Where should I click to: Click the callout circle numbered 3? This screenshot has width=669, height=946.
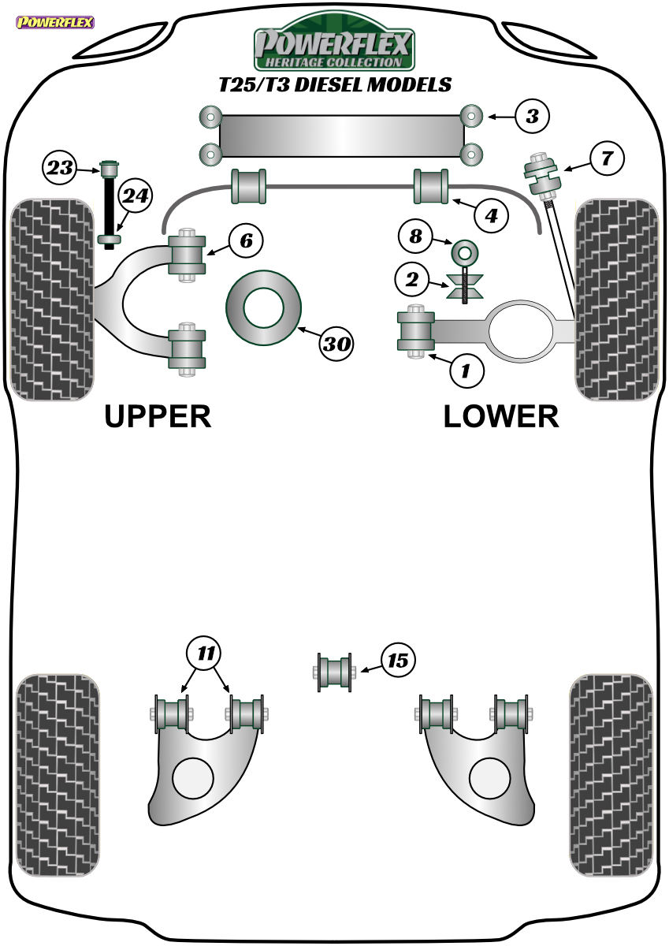tap(532, 116)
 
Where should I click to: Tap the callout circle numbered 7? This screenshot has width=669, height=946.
tap(607, 158)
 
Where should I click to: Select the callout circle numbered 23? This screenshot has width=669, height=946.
tap(60, 168)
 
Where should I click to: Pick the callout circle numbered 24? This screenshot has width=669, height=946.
tap(135, 196)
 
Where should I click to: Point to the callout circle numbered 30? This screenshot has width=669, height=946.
tap(336, 344)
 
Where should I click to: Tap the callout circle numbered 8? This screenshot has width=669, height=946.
tap(416, 236)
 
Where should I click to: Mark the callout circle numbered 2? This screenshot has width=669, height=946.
tap(412, 279)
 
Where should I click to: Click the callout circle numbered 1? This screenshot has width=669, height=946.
tap(466, 371)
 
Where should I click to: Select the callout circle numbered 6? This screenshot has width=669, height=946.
tap(246, 240)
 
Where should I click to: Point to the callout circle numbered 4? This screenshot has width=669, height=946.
tap(491, 216)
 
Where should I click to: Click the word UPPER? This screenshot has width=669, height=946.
tap(158, 416)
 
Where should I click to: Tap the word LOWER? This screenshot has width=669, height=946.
tap(501, 416)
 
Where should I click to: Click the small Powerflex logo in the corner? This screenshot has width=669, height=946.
tap(55, 22)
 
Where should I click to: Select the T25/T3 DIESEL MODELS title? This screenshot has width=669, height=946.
tap(335, 84)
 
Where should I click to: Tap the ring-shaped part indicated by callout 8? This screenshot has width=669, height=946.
tap(464, 252)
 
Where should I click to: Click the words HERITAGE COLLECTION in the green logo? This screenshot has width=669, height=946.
tap(333, 62)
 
